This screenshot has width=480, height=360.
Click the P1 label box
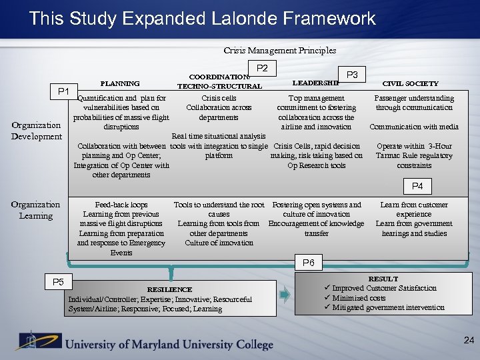click(65, 91)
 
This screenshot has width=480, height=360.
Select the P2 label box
click(262, 67)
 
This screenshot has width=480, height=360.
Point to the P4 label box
click(417, 186)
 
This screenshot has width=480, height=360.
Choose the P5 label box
click(58, 282)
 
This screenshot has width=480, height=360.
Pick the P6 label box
click(309, 263)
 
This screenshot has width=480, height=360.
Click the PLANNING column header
click(120, 83)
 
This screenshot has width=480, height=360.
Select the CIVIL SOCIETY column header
click(410, 83)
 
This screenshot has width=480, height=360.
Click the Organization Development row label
click(36, 131)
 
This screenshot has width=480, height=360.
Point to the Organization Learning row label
click(35, 210)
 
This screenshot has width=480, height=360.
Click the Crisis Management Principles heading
click(279, 50)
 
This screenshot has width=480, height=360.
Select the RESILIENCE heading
click(169, 290)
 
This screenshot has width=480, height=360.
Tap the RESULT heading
click(383, 279)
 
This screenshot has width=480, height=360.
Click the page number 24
click(469, 341)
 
